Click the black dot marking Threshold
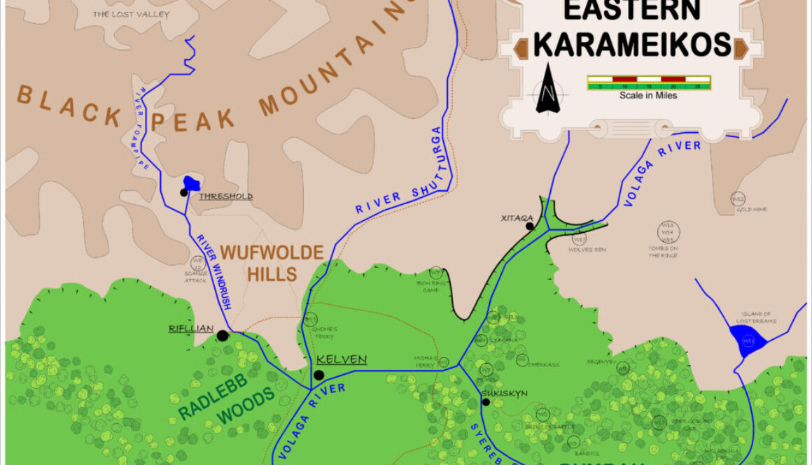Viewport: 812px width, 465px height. pos(183,192)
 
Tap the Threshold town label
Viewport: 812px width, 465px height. pos(225,196)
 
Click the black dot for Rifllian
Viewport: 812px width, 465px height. pos(223,336)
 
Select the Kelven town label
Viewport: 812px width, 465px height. pos(342,359)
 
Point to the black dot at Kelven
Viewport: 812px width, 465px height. pos(318,375)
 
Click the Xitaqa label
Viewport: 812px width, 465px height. pos(517,217)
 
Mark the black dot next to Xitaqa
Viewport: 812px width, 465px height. pos(530,226)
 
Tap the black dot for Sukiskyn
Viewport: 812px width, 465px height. pos(486,402)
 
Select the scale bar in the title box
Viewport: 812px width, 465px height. pos(648,83)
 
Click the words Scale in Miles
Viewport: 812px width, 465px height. pos(648,95)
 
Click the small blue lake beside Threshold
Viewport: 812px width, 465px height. pos(192,183)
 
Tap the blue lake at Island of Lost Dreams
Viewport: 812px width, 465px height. pos(747,341)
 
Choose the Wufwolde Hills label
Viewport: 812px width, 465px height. pos(272,262)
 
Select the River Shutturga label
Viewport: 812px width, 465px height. pos(398,171)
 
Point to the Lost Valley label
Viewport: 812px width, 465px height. pos(121,13)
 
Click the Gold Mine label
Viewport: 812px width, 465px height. pos(751,209)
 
